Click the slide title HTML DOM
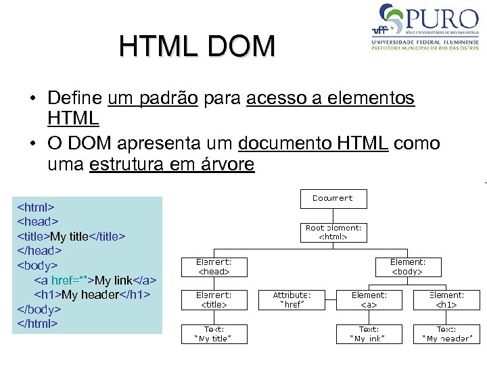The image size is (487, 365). point(197,46)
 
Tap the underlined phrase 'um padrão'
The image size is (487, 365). point(152,99)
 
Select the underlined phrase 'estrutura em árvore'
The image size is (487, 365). point(172,164)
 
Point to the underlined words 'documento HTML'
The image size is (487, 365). point(313,143)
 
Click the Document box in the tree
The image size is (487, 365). point(333,198)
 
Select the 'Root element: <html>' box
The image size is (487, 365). point(333,232)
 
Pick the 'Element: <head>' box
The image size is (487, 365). point(213,266)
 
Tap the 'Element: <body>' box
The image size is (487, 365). point(407,266)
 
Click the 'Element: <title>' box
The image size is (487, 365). point(213,299)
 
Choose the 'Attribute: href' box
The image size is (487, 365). point(292,299)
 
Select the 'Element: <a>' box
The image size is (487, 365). point(369,299)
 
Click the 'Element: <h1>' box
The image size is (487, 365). point(446,299)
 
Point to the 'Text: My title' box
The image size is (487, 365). point(213,333)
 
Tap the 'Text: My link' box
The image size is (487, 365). point(369,333)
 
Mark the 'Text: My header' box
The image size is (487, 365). point(446,333)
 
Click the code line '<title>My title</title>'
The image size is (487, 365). point(71,236)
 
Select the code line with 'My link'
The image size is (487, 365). point(95,280)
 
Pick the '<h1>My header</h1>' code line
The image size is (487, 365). point(92,295)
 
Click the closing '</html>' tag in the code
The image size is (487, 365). point(37,324)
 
